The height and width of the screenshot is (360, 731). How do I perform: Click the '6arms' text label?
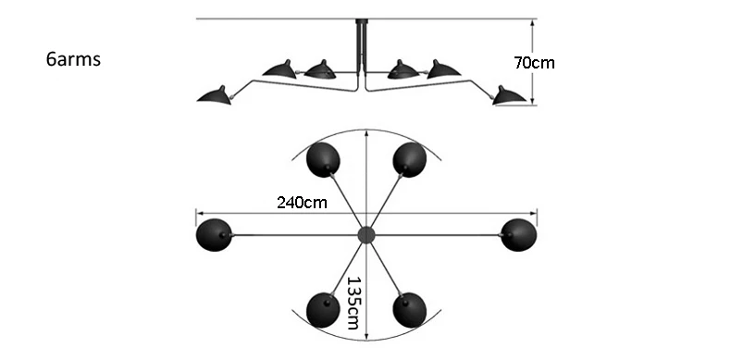(x=73, y=59)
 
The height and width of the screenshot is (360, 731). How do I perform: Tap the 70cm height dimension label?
(x=534, y=63)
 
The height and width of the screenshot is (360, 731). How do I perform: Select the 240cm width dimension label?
(x=302, y=203)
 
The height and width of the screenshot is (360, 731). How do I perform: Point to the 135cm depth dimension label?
(x=353, y=304)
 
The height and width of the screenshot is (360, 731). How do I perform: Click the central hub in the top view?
(x=366, y=235)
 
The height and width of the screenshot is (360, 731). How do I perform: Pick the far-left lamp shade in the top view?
(x=214, y=235)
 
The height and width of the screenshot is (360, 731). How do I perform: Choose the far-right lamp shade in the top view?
(x=518, y=235)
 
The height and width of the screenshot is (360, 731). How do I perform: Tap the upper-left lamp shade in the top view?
(x=323, y=160)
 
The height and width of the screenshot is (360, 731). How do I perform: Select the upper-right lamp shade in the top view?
(x=409, y=160)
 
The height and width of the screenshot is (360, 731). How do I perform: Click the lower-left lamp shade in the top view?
(x=323, y=310)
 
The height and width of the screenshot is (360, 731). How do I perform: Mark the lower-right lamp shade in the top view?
(x=409, y=310)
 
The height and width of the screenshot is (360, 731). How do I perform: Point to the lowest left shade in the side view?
(x=215, y=95)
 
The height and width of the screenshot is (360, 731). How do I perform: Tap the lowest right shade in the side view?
(x=509, y=95)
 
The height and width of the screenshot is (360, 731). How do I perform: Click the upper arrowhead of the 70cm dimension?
(x=532, y=23)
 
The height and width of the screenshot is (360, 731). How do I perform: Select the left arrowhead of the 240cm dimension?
(x=201, y=213)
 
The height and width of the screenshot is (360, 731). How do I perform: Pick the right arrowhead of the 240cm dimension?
(x=532, y=213)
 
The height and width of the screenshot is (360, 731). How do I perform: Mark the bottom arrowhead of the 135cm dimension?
(x=367, y=336)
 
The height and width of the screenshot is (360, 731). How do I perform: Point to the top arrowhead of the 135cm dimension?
(x=367, y=134)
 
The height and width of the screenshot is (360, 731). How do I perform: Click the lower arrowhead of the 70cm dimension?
(x=532, y=101)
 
